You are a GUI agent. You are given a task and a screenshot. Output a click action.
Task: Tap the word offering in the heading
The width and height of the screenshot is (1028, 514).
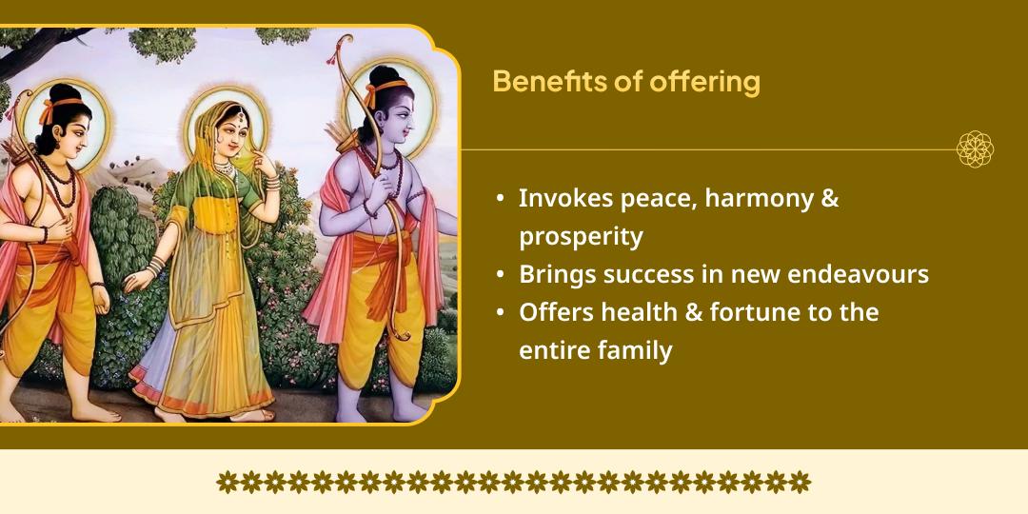tap(705, 83)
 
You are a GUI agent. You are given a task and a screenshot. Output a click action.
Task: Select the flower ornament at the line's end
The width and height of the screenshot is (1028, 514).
tap(975, 149)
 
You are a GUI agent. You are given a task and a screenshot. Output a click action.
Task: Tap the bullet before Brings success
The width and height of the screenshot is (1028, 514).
tap(501, 275)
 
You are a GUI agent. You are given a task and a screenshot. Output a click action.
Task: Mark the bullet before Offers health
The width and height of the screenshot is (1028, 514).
tap(501, 313)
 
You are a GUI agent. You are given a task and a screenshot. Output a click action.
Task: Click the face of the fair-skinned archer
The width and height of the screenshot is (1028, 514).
tap(71, 128)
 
